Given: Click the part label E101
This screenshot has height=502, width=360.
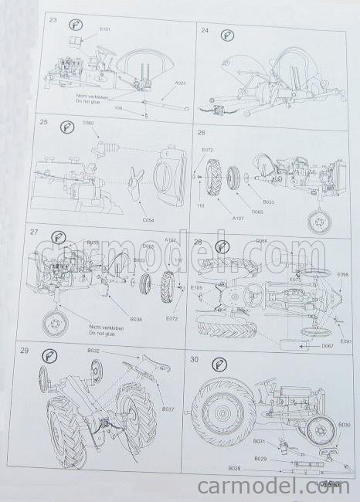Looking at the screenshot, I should pyautogui.click(x=105, y=30).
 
